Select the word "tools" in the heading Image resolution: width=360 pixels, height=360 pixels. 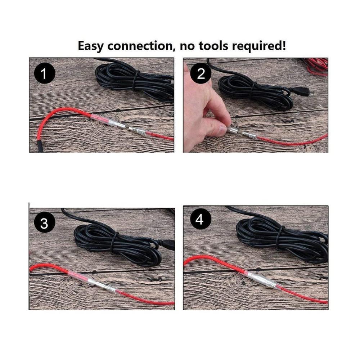[213, 46]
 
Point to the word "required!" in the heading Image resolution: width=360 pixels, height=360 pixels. [259, 46]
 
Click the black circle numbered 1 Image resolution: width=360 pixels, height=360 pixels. [45, 73]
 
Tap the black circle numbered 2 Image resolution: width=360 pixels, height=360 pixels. [201, 73]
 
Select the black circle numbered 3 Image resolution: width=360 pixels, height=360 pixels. [45, 222]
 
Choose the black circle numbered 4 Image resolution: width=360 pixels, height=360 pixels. [199, 219]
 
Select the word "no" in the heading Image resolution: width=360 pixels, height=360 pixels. [187, 46]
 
